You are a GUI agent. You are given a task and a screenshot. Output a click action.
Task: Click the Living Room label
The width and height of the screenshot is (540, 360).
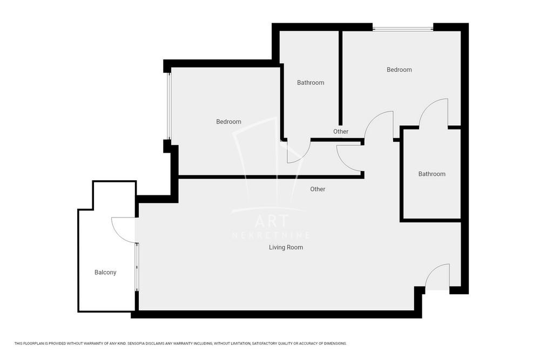tap(286, 247)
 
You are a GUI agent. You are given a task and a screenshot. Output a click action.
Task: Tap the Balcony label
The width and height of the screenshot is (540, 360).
tap(105, 273)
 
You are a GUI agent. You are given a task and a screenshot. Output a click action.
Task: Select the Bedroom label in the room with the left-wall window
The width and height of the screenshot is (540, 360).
tap(228, 121)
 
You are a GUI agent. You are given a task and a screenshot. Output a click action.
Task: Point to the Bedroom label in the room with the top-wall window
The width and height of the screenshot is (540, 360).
tap(399, 70)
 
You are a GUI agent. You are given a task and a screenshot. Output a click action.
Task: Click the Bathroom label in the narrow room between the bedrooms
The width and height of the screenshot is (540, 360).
tap(310, 83)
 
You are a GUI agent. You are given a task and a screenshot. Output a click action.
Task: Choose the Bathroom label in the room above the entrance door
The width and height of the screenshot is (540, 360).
tap(431, 174)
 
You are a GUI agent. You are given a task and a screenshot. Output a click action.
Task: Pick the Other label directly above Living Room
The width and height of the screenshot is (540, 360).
tap(318, 189)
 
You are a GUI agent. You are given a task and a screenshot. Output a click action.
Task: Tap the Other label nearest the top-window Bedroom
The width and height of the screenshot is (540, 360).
tap(341, 132)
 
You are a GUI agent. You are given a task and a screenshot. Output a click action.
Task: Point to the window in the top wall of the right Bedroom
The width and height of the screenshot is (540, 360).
tap(402, 28)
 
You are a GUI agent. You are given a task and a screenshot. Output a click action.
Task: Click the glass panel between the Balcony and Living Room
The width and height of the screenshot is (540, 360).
tap(137, 267)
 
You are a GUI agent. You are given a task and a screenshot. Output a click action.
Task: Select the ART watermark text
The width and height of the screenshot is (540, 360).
tap(272, 222)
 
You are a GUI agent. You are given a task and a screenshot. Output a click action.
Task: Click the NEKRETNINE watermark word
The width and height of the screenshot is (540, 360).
tap(271, 235)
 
